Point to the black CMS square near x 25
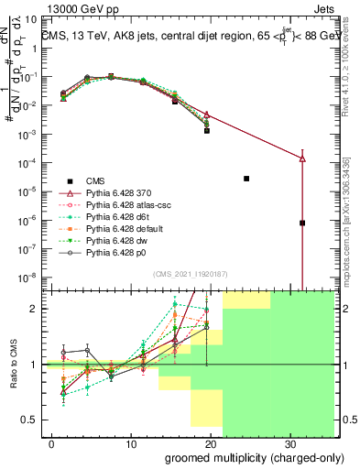pos(246,179)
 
